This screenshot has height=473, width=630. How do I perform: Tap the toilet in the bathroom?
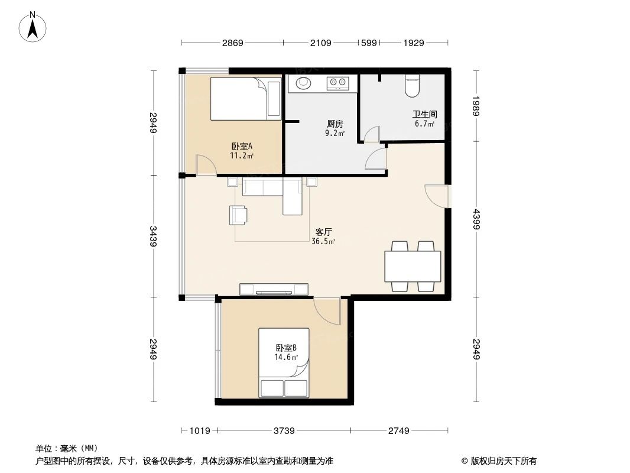413,86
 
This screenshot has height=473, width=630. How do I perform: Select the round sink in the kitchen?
303,83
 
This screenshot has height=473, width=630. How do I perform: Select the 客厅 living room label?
323,232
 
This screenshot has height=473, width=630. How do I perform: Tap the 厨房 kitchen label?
335,124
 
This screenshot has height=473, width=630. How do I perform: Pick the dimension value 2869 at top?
232,43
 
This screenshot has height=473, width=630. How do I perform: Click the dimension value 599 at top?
369,43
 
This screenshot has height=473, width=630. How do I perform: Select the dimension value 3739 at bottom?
284,431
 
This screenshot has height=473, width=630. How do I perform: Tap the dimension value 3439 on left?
154,237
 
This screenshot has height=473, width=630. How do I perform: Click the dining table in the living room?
413,267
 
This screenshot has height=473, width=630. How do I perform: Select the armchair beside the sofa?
239,215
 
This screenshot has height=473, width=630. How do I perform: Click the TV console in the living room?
274,289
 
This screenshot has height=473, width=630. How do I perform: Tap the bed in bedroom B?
284,364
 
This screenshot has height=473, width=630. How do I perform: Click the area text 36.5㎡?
323,241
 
